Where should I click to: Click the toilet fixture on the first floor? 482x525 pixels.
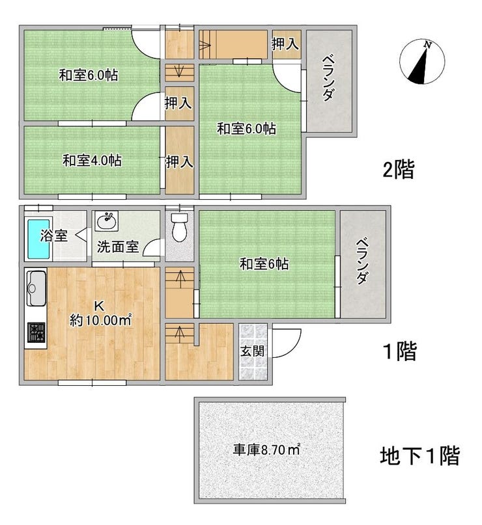(179, 226)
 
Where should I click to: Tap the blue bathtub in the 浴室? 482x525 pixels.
(39, 238)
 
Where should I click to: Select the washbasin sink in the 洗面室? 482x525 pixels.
(106, 221)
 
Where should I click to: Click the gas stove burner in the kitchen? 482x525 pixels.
(36, 332)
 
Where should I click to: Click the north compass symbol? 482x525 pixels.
(422, 62)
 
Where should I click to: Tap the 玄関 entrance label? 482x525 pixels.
(253, 351)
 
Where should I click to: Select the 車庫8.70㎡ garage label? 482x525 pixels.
(266, 450)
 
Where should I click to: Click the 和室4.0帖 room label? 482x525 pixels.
(92, 161)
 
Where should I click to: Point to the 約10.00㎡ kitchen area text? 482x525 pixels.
(100, 321)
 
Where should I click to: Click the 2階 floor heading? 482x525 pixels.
(398, 169)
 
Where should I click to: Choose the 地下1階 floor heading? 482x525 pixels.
(419, 455)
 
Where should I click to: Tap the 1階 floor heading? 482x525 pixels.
(400, 351)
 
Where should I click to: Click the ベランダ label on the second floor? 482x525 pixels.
(328, 79)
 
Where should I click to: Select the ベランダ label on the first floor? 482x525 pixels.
(362, 262)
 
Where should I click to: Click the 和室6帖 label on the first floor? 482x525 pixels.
(264, 264)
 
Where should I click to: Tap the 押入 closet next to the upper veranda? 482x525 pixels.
(285, 44)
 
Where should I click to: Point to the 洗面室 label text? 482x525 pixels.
(118, 247)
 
